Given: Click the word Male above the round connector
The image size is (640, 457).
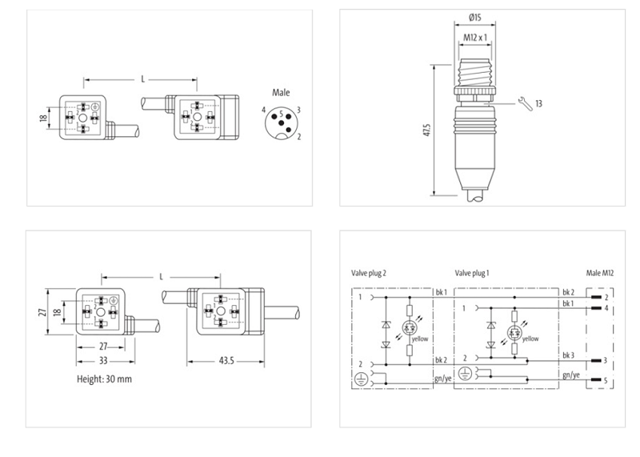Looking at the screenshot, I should coord(282,93).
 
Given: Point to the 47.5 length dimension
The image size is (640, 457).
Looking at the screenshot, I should coord(428,130).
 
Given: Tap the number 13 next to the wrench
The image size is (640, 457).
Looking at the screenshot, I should coord(539,103).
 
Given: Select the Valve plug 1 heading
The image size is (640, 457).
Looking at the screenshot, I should coord(472,273).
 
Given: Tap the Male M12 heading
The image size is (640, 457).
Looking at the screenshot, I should coord(602,273).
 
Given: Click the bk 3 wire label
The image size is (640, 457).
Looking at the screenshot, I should coord(569,355).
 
